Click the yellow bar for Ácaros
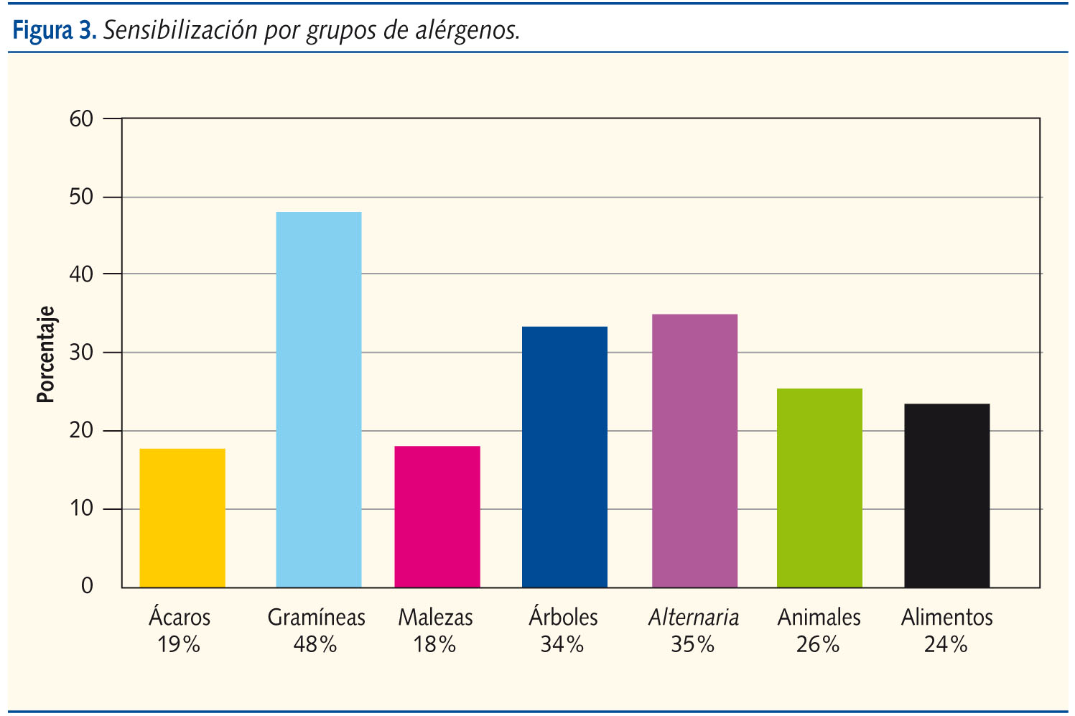[182, 518]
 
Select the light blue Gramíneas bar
[319, 399]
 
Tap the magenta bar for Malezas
[437, 516]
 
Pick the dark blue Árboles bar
[564, 457]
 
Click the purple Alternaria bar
[694, 450]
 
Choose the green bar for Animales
[819, 488]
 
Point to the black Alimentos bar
[946, 496]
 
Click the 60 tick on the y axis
[82, 119]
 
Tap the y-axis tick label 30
[82, 353]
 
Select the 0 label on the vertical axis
[87, 586]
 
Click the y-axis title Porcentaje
[46, 354]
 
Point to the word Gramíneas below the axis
[316, 617]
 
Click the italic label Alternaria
[694, 617]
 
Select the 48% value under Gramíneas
[315, 644]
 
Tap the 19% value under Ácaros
[179, 644]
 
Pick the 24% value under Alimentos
[946, 644]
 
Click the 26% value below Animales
[818, 644]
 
